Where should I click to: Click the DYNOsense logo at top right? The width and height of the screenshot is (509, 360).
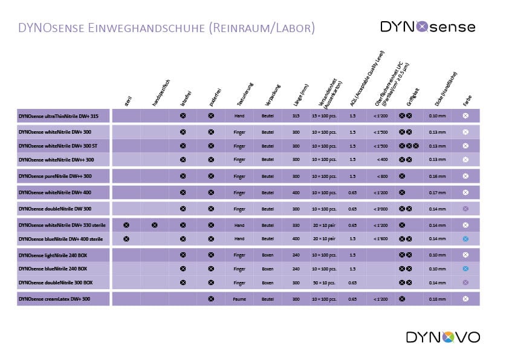(427, 27)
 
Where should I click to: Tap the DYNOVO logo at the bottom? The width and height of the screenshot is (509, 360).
(443, 337)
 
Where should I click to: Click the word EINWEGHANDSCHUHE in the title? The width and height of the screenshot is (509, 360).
(133, 28)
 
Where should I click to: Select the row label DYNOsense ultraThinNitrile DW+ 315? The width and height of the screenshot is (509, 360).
(59, 115)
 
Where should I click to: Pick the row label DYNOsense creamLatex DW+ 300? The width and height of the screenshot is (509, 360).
(54, 299)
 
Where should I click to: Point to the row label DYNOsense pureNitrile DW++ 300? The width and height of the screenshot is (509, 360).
(55, 176)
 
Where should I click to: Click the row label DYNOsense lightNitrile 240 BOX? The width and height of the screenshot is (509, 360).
(53, 255)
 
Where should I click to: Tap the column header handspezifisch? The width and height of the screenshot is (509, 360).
(160, 96)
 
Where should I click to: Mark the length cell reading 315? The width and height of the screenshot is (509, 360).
(296, 115)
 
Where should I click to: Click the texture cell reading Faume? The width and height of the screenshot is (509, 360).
(239, 299)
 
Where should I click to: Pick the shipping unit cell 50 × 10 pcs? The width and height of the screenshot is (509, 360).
(324, 283)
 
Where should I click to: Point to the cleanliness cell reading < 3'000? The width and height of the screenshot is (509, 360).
(380, 209)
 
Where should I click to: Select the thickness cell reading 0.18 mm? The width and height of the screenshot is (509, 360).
(438, 299)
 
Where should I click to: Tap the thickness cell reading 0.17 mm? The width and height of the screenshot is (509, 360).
(438, 192)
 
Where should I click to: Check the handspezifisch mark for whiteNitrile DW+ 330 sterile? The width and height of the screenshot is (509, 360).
(155, 225)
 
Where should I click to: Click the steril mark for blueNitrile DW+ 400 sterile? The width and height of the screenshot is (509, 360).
(126, 239)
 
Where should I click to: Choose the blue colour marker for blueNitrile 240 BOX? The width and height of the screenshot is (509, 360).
(465, 269)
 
